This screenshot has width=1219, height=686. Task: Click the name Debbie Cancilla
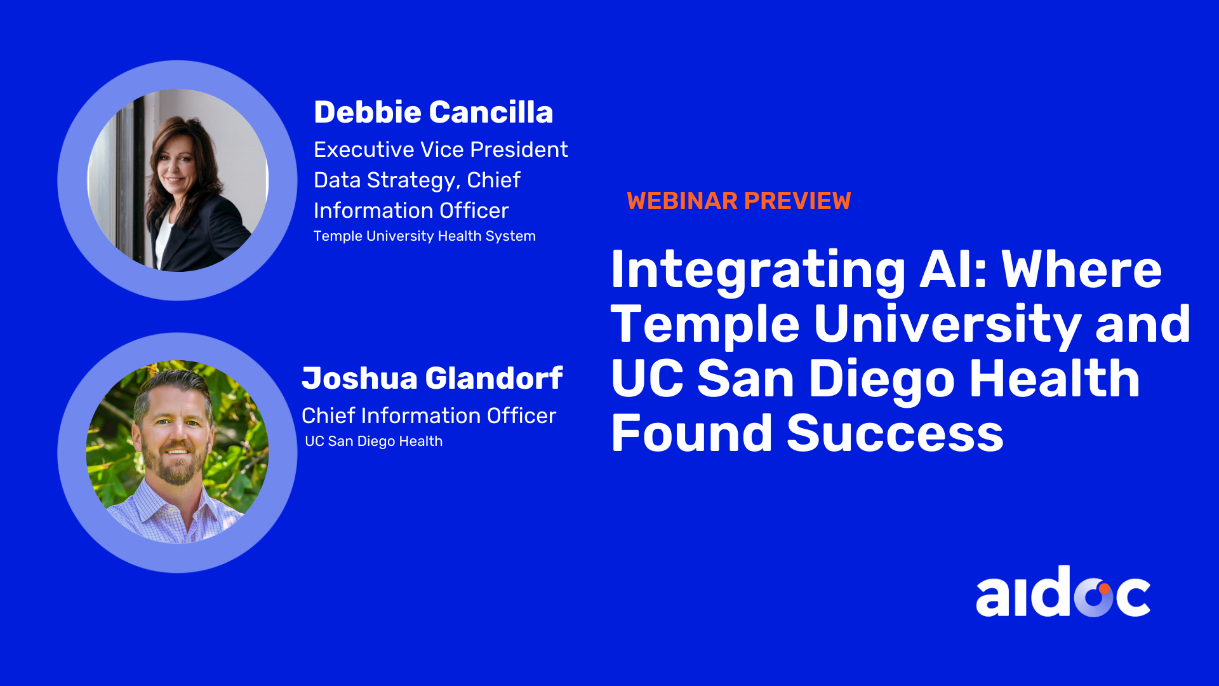434,112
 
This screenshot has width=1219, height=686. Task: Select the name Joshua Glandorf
432,379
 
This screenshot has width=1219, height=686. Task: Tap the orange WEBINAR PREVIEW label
738,201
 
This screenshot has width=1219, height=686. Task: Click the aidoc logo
1063,591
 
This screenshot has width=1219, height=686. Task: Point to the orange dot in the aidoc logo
1104,589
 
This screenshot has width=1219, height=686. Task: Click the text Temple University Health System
425,236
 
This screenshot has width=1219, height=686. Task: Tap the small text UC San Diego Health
373,441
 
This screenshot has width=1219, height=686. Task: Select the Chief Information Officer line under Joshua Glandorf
429,415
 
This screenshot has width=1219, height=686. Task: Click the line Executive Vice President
441,149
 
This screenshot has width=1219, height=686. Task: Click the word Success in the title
895,433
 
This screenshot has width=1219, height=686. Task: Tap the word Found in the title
691,433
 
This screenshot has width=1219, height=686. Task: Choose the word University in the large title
947,325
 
